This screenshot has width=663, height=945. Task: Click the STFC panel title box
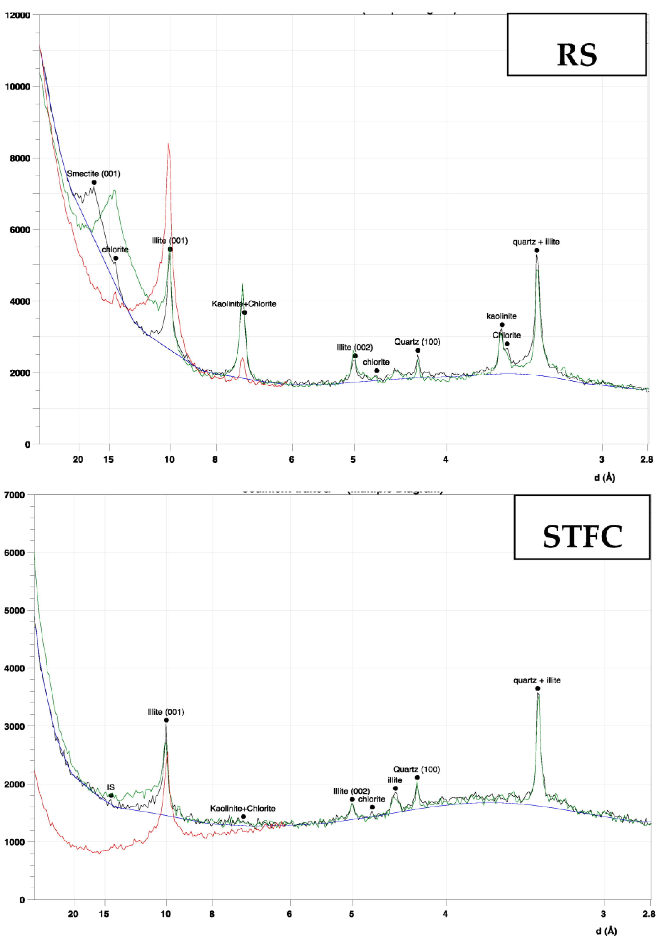tap(582, 527)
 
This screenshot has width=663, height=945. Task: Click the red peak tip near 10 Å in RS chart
tap(168, 143)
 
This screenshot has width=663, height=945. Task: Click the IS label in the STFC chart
tap(111, 787)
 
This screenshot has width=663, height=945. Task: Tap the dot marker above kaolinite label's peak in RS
tap(502, 325)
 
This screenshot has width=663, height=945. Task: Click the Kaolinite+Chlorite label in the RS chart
tap(244, 304)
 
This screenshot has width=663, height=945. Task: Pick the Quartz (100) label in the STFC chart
tap(416, 769)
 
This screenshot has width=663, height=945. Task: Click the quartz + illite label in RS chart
tap(536, 242)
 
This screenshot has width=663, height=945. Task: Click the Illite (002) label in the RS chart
tap(354, 347)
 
